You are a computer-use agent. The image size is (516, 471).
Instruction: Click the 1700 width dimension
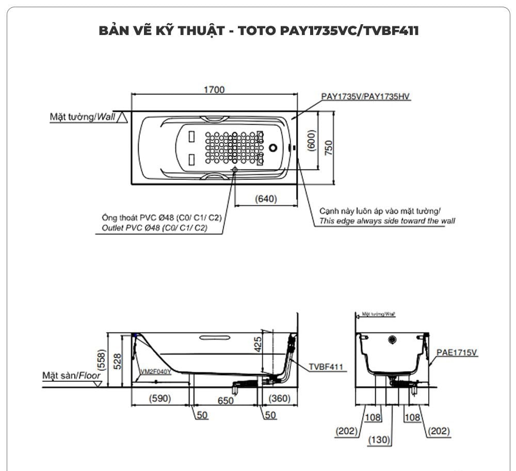pos(214,90)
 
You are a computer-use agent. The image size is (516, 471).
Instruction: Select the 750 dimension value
pos(329,147)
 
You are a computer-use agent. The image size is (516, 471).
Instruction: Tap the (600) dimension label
pos(311,140)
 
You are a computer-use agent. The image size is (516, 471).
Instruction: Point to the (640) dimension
pos(266,199)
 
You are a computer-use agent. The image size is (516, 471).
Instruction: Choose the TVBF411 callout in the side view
pos(326,367)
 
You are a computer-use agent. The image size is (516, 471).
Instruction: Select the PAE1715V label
pos(457,352)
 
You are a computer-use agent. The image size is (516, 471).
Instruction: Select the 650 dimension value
pos(225,400)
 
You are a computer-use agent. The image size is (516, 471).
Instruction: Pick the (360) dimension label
pos(279,398)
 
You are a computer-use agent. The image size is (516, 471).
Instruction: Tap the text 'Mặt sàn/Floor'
pos(71,376)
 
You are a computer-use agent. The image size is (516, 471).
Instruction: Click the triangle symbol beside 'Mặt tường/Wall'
pos(122,117)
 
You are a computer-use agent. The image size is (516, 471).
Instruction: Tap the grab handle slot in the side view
pos(214,339)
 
